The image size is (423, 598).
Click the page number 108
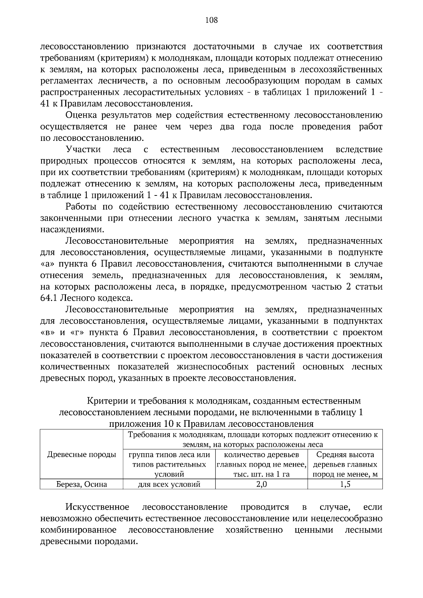pyautogui.click(x=211, y=20)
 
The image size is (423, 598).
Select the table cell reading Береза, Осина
pyautogui.click(x=81, y=484)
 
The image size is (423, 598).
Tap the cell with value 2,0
pyautogui.click(x=261, y=484)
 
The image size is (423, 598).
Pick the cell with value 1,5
pyautogui.click(x=345, y=484)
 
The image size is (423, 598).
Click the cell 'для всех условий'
pyautogui.click(x=169, y=484)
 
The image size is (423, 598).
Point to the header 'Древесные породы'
pyautogui.click(x=81, y=455)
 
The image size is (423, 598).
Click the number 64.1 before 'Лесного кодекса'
pyautogui.click(x=49, y=298)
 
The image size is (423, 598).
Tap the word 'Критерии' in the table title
pyautogui.click(x=104, y=401)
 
